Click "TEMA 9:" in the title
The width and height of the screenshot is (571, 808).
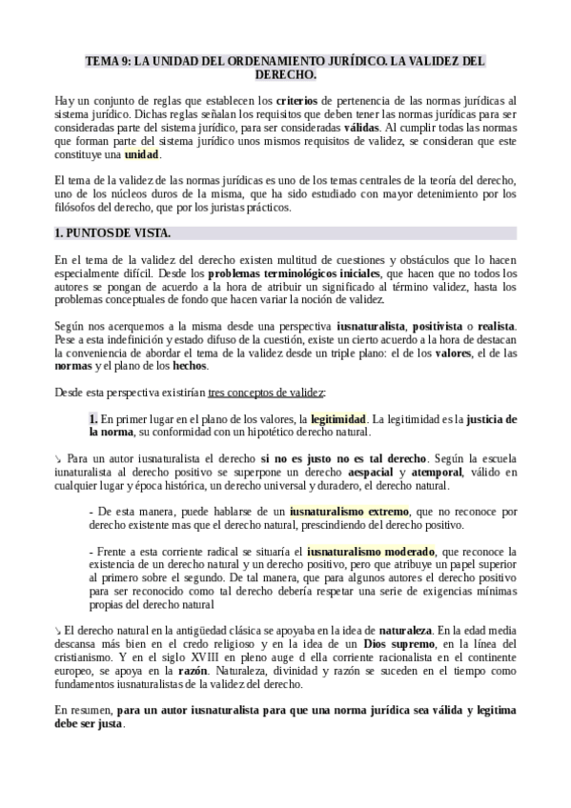pos(108,60)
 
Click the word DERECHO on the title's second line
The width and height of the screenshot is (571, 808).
pos(286,73)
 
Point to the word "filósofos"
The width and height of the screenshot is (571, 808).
pos(81,208)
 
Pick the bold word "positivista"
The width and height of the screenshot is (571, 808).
pos(442,326)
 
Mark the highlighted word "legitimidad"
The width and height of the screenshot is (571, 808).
pos(338,418)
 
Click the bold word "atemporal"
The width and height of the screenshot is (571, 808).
pos(437,473)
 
